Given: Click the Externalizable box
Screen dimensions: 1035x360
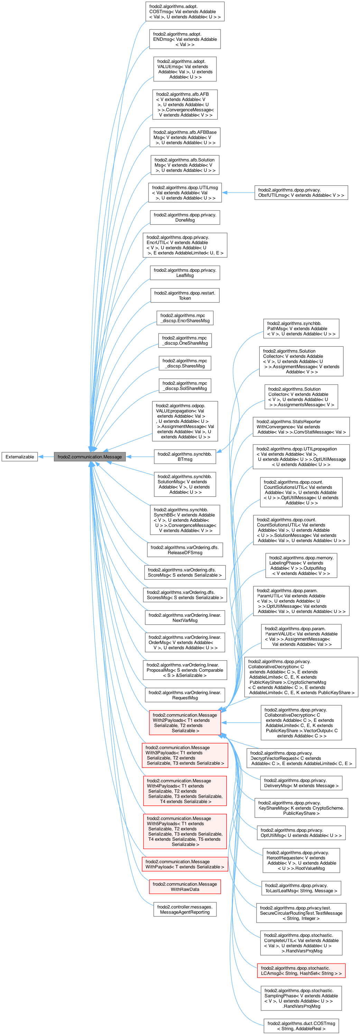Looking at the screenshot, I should pyautogui.click(x=20, y=456).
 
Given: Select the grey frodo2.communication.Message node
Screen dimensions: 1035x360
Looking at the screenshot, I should pyautogui.click(x=90, y=456).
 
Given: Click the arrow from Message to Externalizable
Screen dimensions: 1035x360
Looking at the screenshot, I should pyautogui.click(x=46, y=456).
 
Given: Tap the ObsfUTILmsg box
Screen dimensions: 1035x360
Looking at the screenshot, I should pyautogui.click(x=301, y=193).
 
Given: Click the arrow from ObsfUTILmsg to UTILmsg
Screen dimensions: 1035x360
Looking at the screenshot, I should pyautogui.click(x=238, y=193).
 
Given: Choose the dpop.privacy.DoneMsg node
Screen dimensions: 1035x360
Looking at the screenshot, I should pyautogui.click(x=185, y=217).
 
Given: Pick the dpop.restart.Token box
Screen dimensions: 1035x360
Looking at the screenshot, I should pyautogui.click(x=185, y=295).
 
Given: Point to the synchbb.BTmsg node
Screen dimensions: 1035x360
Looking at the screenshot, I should pyautogui.click(x=185, y=456).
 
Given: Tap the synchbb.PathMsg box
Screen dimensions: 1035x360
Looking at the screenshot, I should pyautogui.click(x=301, y=328).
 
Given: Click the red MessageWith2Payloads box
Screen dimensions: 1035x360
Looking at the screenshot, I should pyautogui.click(x=185, y=722).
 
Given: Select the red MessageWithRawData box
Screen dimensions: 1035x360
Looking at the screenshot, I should pyautogui.click(x=185, y=886).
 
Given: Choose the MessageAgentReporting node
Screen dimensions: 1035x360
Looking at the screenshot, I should pyautogui.click(x=185, y=909).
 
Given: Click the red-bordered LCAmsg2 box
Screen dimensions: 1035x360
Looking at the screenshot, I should pyautogui.click(x=301, y=970).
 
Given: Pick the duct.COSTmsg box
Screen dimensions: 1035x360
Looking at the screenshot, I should pyautogui.click(x=301, y=1026).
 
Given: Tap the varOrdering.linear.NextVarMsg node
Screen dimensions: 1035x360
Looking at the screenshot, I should pyautogui.click(x=185, y=617).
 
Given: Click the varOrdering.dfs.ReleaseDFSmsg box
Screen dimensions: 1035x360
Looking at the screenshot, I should pyautogui.click(x=185, y=550).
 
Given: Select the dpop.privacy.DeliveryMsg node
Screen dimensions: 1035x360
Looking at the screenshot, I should pyautogui.click(x=301, y=783).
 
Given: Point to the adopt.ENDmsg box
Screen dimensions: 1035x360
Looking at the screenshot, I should pyautogui.click(x=185, y=39).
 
